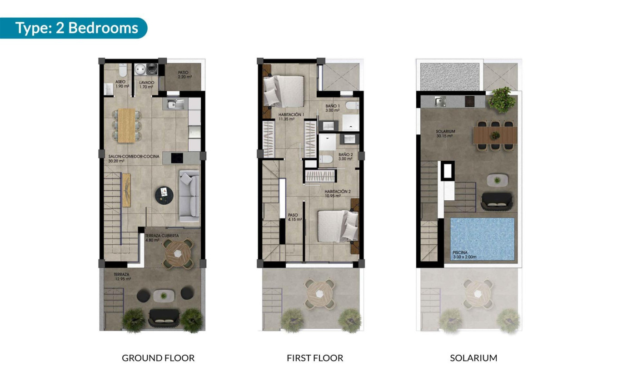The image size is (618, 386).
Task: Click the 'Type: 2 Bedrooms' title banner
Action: pos(76,28)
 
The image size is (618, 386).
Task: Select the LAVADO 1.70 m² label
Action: pos(146,84)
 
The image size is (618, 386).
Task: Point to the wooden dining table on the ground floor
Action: pos(127,124)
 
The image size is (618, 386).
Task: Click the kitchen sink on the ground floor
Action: pos(175,104)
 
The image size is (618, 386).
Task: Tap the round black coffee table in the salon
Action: pos(164,195)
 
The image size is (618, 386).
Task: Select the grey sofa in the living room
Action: pos(189,196)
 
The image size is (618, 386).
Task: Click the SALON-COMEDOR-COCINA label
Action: pos(128,158)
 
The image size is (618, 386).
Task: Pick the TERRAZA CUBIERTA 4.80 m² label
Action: pos(161,238)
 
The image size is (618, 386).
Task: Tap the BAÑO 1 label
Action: pos(333,108)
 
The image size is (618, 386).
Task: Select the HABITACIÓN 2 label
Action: pos(337,194)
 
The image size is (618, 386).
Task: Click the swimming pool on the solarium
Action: pos(482,238)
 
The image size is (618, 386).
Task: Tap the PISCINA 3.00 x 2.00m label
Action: pos(468,255)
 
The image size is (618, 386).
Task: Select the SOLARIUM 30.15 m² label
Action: pos(445,134)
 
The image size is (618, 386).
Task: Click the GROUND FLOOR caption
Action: pos(158,358)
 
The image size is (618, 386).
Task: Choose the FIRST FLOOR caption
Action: pos(315,358)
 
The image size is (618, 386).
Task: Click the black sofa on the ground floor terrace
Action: pos(163,317)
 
